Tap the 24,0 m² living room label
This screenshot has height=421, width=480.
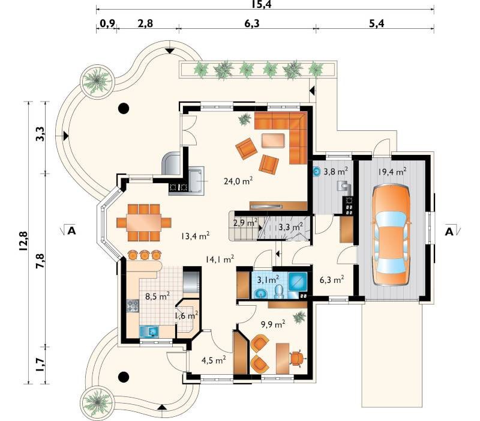(238, 181)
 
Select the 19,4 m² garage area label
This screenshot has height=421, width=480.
(392, 172)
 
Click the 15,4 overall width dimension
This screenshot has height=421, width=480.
(262, 4)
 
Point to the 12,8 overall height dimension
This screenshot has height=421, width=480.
(23, 241)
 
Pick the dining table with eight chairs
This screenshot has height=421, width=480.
(144, 223)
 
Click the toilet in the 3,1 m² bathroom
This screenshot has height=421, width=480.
(279, 292)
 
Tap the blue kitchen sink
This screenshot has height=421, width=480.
(149, 332)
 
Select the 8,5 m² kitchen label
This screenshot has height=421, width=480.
(158, 297)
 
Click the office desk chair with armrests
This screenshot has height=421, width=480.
(297, 358)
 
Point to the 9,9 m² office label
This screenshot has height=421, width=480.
(273, 324)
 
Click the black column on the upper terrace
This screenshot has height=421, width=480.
(124, 108)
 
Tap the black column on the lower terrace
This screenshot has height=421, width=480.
(124, 377)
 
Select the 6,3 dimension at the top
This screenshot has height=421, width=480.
(251, 23)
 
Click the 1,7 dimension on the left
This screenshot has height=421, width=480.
(40, 365)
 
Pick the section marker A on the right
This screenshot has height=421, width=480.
(449, 232)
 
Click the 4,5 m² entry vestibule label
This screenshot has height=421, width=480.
(214, 360)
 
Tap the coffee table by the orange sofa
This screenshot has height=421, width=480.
(274, 141)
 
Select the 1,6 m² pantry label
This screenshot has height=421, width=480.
(187, 315)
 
